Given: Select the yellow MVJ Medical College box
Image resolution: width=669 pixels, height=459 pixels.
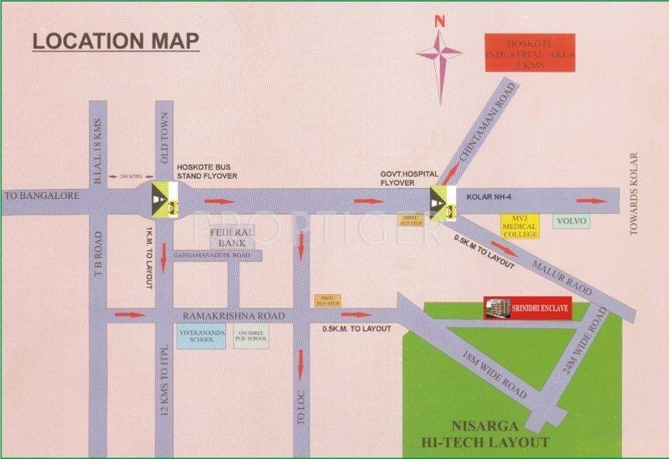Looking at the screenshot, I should point(519,226).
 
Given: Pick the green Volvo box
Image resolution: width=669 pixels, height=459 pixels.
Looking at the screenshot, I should point(572,221).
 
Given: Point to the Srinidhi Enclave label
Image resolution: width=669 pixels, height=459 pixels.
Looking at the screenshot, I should point(526,307).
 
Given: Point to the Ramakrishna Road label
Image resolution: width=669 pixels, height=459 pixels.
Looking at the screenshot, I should point(234,316).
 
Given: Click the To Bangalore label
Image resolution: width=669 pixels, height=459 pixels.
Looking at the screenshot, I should point(42,197).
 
